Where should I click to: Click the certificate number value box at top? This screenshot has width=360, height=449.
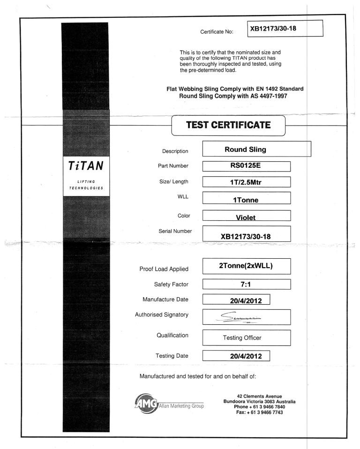click(285, 29)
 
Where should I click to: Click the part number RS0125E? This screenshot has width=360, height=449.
click(246, 166)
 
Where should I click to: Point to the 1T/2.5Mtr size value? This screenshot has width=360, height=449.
click(246, 182)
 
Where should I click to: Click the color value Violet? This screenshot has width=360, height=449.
click(246, 217)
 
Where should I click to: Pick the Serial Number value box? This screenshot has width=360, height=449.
click(246, 236)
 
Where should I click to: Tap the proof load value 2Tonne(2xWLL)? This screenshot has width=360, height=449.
click(246, 266)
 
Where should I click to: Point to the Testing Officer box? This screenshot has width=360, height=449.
click(246, 337)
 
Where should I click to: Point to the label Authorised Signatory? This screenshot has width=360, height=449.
click(162, 314)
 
